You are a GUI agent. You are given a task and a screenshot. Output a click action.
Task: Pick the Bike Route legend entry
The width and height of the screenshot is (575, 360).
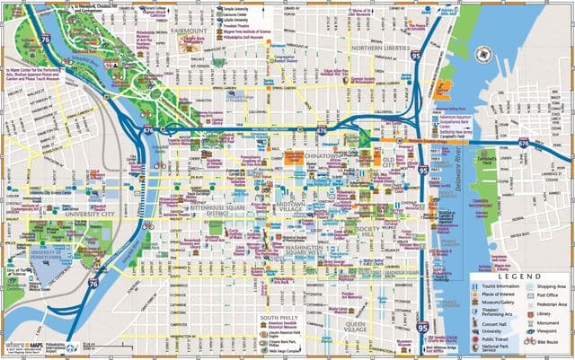pyautogui.click(x=544, y=342)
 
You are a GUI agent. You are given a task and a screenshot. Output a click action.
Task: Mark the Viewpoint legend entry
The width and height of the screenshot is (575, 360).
pyautogui.click(x=544, y=331)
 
